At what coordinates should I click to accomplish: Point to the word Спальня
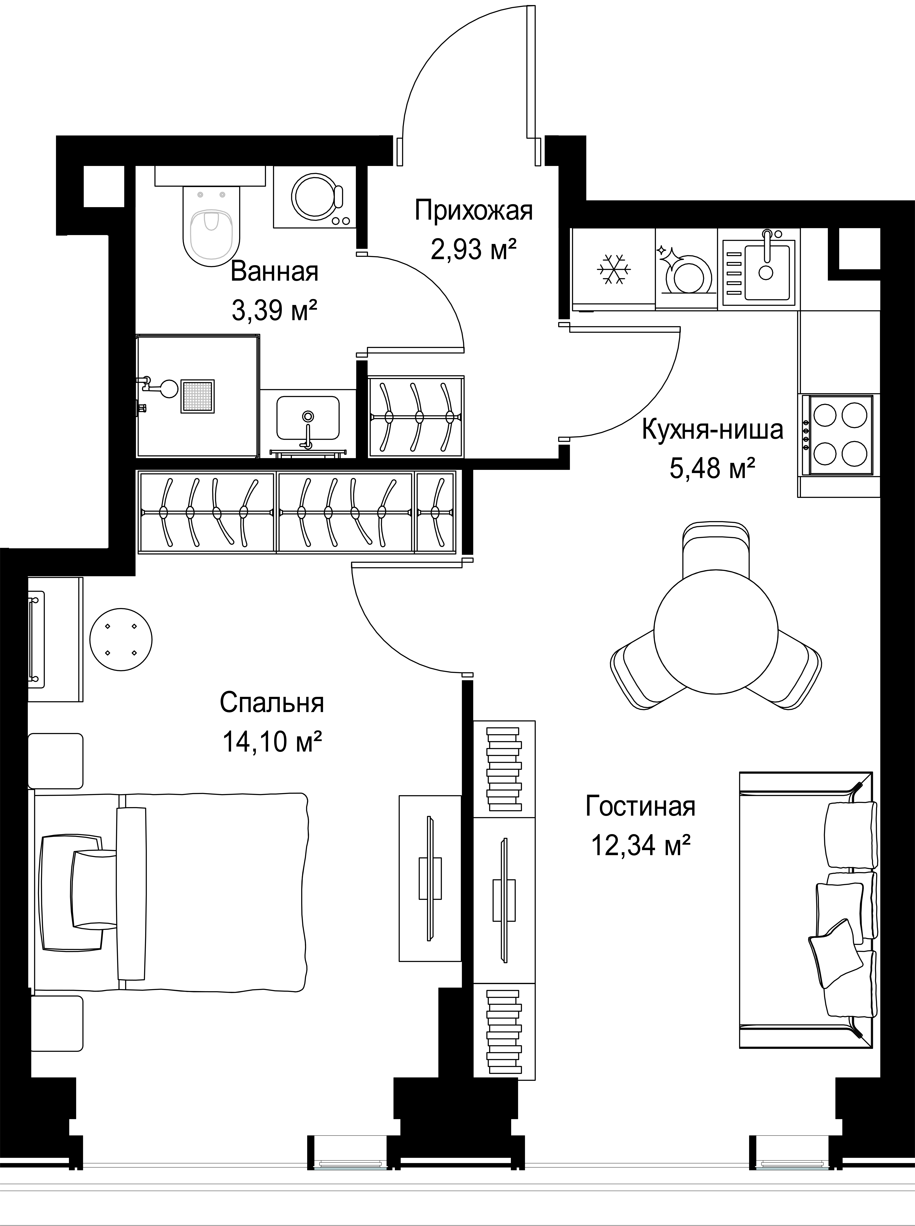(271, 703)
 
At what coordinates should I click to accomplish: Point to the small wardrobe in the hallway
(416, 416)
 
